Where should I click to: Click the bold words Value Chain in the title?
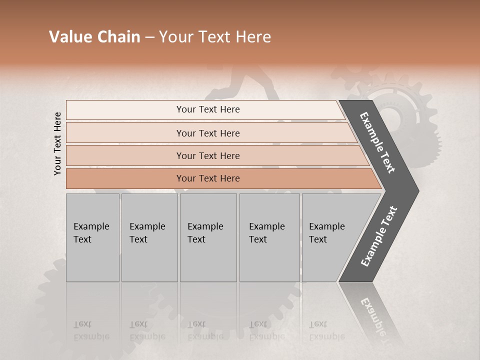coord(94,37)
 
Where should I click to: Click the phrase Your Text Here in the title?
coord(215,37)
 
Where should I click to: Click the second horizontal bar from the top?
coord(208,133)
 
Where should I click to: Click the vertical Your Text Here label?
coord(57,143)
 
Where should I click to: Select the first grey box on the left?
coord(92,237)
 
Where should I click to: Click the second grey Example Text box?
coord(149,237)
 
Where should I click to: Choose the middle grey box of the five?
coord(208,237)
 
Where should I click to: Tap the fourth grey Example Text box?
coord(269,237)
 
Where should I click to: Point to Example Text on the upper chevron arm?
coord(377,142)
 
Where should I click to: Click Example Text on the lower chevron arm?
coord(379,236)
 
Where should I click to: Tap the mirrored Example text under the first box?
coord(91,330)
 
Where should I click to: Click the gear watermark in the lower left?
coord(55,295)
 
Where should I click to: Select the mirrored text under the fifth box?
coord(326,330)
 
